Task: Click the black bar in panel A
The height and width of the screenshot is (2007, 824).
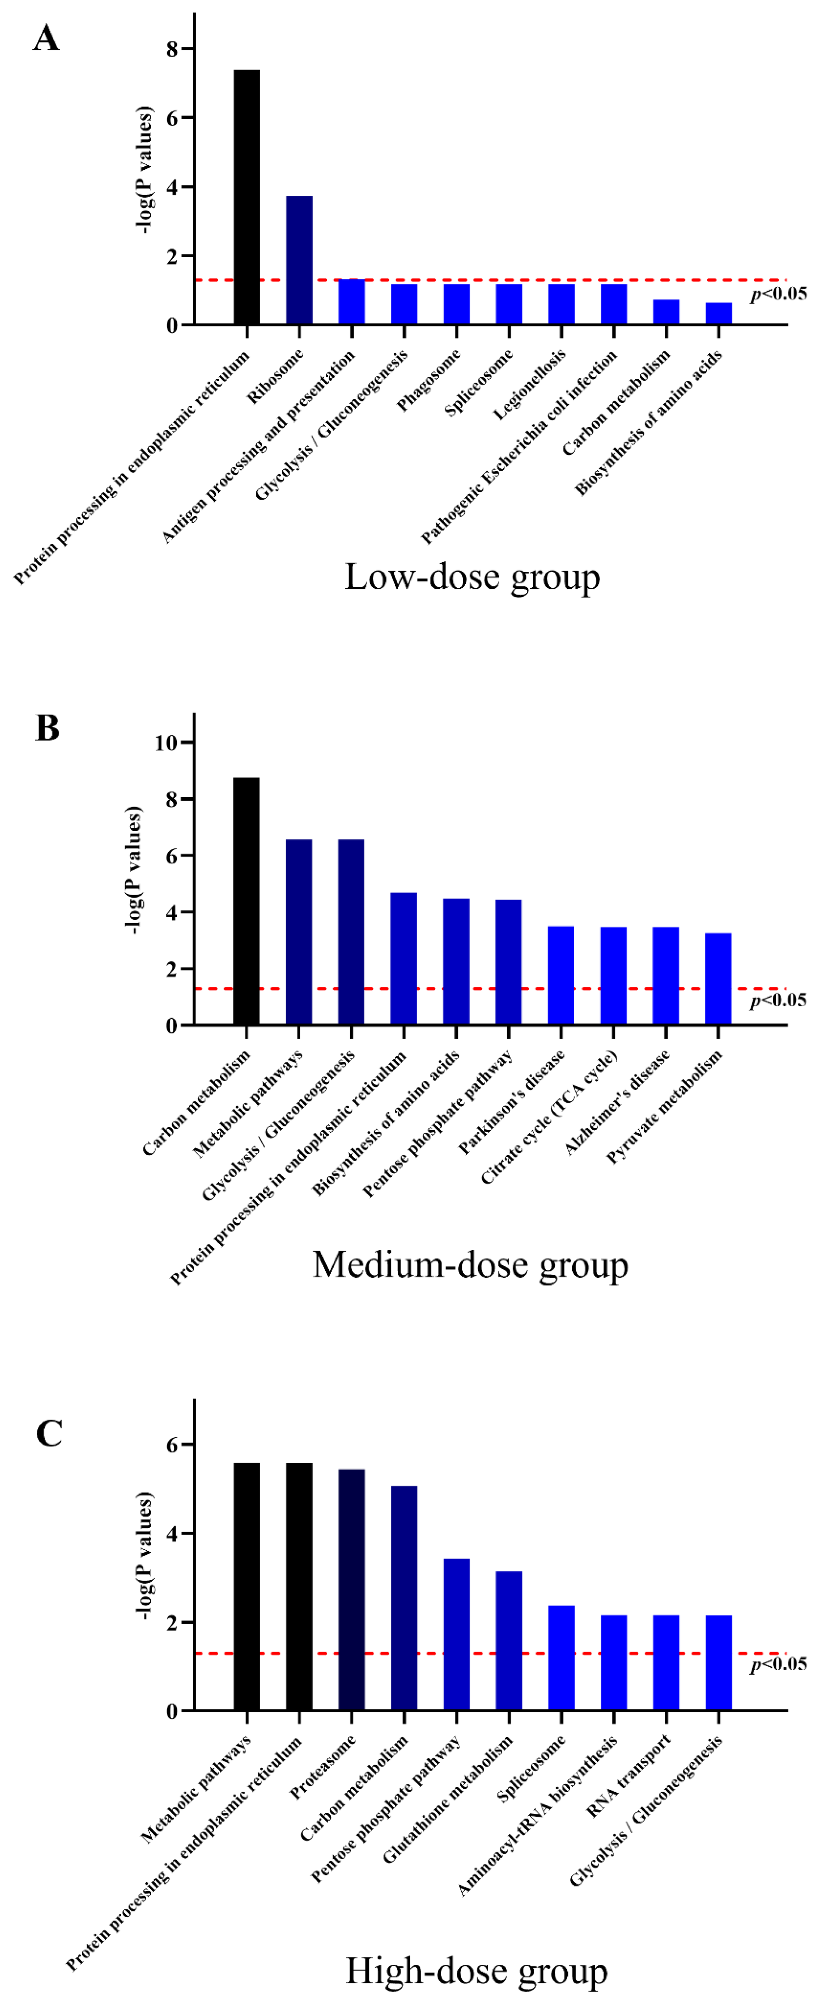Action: point(247,196)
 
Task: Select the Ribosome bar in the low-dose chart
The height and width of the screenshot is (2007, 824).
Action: point(299,259)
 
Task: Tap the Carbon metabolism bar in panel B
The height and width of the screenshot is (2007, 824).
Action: point(247,900)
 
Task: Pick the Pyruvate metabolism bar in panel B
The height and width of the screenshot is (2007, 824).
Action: point(718,979)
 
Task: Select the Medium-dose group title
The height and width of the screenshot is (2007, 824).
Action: point(470,1264)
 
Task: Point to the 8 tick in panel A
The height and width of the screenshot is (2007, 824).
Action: point(171,49)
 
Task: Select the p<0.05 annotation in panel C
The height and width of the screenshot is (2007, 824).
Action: point(778,1664)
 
